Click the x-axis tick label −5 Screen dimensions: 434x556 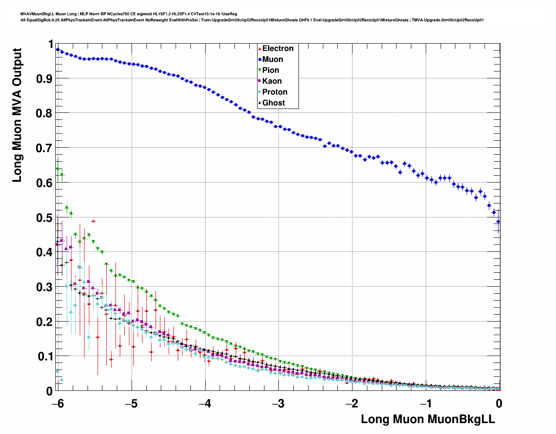131,403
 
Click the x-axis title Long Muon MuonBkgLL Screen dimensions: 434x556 428,419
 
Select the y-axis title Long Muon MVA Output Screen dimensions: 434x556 17,115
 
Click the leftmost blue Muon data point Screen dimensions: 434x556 58,50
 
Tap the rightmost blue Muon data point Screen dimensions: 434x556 498,221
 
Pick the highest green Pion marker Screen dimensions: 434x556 58,169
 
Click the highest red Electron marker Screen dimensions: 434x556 93,221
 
